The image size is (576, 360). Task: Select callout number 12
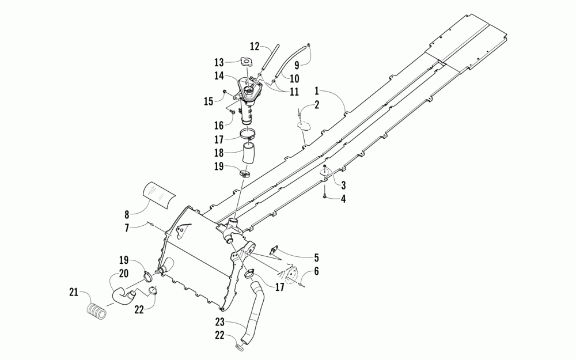[255, 46]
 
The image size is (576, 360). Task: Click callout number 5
[316, 259]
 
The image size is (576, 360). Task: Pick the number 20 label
[123, 274]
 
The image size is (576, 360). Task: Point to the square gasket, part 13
[247, 62]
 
